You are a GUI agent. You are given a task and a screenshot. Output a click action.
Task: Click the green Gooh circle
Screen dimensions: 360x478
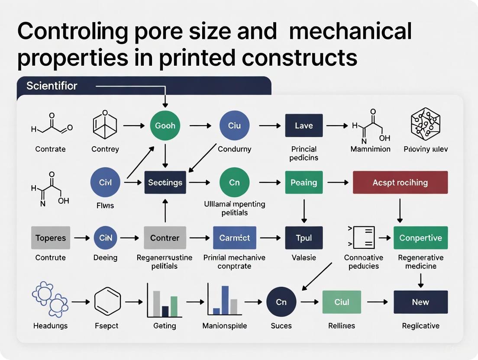[x=165, y=125]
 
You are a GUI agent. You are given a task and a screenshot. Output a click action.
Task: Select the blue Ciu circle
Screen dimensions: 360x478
[x=234, y=125]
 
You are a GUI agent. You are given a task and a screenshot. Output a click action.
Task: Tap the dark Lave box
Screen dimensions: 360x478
[x=304, y=125]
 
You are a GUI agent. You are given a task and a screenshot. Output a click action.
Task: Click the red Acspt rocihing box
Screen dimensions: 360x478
[x=400, y=182]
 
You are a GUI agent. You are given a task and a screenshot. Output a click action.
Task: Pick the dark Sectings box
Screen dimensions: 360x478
[x=165, y=182]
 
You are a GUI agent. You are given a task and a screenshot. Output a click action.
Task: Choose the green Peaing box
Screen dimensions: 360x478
[x=304, y=182]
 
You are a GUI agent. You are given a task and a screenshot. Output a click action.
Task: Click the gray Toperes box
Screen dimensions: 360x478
[x=51, y=238]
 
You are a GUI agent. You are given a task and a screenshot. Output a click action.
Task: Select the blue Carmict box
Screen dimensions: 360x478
[x=235, y=238]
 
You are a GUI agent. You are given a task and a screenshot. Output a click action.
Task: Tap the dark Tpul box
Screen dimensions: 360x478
[x=304, y=238]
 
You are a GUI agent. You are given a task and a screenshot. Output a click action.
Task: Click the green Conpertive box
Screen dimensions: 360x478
[x=420, y=238]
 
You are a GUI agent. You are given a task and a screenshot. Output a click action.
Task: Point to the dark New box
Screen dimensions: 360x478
[x=420, y=302]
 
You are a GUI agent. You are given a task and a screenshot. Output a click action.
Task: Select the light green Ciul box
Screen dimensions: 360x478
[x=342, y=302]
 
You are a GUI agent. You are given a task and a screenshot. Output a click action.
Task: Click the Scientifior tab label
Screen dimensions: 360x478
[x=52, y=86]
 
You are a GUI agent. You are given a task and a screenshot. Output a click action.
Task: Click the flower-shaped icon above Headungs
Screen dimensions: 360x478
[x=50, y=299]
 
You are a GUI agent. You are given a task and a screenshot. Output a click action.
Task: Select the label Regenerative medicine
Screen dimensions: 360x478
[x=420, y=262]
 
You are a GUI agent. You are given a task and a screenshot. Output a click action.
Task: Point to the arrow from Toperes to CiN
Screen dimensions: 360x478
[x=81, y=238]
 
